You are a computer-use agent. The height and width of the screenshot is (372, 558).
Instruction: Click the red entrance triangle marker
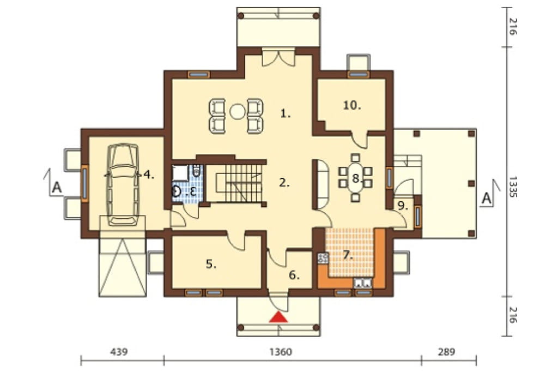(278, 317)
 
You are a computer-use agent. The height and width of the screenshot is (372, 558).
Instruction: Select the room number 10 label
(353, 105)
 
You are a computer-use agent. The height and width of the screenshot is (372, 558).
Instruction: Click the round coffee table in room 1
(236, 111)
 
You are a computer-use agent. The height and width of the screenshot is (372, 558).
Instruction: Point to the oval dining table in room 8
(355, 178)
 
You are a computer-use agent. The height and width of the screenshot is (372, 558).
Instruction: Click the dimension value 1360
(281, 352)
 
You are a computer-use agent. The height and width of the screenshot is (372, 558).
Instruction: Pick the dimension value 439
(118, 352)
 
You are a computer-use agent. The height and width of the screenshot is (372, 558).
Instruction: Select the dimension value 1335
(513, 187)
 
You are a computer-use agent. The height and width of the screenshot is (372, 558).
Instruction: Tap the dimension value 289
(446, 352)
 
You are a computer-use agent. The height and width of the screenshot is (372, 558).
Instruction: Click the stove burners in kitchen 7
(324, 258)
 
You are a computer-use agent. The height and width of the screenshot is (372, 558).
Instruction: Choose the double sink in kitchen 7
(362, 283)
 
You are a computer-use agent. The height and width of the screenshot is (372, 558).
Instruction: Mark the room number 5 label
(211, 264)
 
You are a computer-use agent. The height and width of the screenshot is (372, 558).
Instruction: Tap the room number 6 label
(294, 275)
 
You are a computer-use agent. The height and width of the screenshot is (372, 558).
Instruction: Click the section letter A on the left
(57, 188)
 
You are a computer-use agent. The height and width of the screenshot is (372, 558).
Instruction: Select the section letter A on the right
(486, 199)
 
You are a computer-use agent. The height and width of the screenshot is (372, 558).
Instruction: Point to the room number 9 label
(402, 206)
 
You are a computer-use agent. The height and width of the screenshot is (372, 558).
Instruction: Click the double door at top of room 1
(279, 58)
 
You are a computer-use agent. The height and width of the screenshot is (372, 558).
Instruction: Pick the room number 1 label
(286, 113)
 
